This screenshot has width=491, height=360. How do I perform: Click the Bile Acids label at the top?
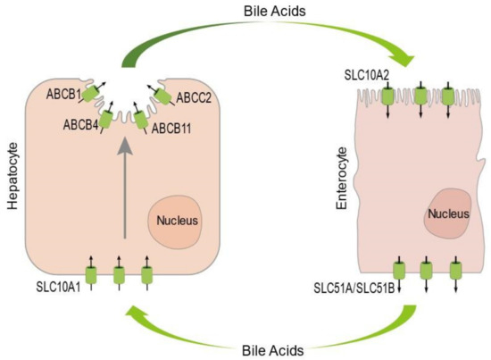click(245, 12)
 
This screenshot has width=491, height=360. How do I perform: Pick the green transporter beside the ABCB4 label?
click(106, 118)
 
